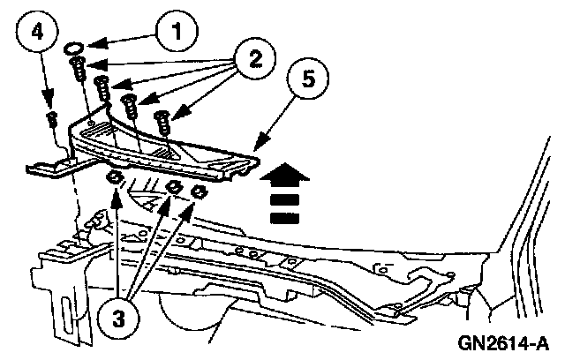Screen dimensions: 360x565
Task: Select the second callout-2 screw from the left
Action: [x=101, y=88]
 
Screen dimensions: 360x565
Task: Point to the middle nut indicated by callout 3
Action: [x=175, y=187]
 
